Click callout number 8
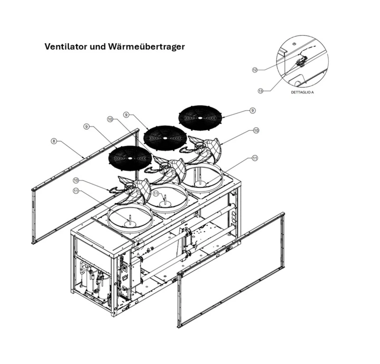[53, 141]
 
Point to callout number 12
[255, 70]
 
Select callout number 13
[260, 90]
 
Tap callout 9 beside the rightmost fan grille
[252, 110]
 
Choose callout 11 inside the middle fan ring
[156, 193]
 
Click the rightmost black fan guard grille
[199, 116]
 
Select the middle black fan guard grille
[165, 137]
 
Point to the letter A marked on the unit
[138, 254]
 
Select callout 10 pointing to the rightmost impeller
[256, 130]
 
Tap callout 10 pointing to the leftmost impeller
[76, 180]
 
